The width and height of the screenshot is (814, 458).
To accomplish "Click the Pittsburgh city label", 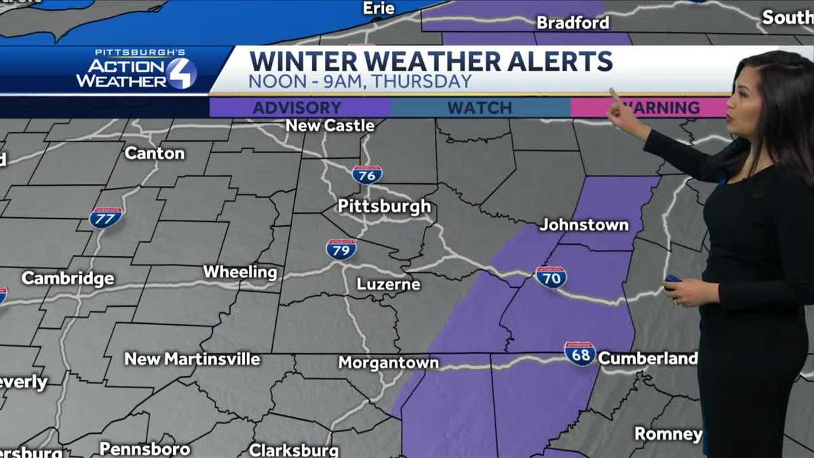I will click(384, 206).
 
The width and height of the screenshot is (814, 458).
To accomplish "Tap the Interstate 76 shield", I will click(367, 174).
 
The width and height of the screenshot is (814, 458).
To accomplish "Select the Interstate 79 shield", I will click(341, 249).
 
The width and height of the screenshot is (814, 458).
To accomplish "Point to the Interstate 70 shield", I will click(551, 277).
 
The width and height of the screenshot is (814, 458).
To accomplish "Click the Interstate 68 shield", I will click(580, 354).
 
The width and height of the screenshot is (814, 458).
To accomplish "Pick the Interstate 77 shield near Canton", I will click(106, 217).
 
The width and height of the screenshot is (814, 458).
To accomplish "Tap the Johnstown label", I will click(584, 225).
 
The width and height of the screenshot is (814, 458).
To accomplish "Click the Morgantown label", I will click(389, 363).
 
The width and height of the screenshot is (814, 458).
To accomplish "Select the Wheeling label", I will click(240, 273).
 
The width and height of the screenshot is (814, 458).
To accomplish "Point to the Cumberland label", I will click(647, 358).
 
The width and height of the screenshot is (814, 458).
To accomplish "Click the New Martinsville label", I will click(192, 359).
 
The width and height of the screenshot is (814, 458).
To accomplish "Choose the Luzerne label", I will click(389, 284).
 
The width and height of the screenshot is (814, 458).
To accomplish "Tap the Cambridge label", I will click(68, 278).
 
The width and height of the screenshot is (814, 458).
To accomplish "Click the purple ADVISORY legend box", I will click(299, 108).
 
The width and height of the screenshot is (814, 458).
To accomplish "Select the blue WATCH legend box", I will click(480, 108).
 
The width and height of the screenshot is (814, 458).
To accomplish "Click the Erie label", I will click(379, 8).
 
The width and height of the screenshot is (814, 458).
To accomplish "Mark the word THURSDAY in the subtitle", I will click(427, 82).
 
